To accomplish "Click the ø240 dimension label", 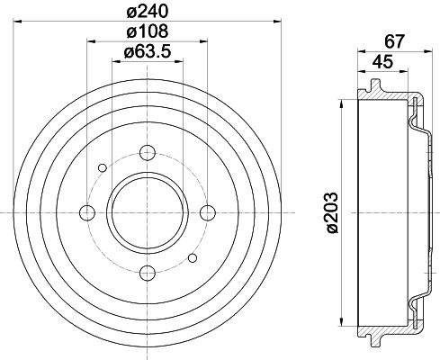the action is coord(148,12).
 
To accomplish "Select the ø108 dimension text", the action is coord(148,31).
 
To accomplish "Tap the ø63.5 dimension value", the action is coord(148,51).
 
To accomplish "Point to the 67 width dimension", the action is coord(395,41).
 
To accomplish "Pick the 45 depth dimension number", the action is coord(382,62).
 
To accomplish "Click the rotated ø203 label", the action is coord(332,212).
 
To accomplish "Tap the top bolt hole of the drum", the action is coord(148,152).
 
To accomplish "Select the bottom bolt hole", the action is coord(148,273).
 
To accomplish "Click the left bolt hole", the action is coord(87,212).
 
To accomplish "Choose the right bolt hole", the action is coord(208,212).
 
